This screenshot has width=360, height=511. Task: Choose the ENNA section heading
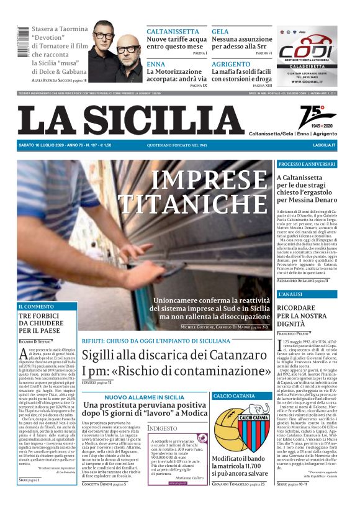pos(156,64)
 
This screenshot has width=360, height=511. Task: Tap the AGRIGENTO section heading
pos(231,64)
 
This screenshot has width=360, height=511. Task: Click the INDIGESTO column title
pos(163,411)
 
